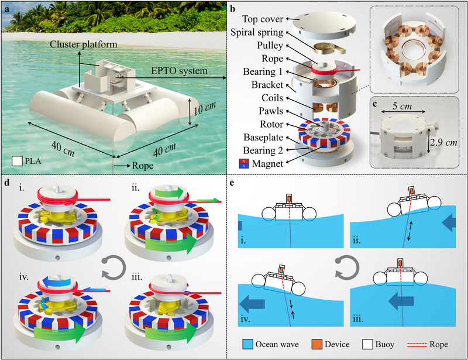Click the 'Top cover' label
coord(263,19)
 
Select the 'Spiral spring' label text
coord(257,32)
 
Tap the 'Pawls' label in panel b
coord(271,111)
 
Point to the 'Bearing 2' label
coord(263,150)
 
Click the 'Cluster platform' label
coord(83,44)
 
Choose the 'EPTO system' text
coord(179,71)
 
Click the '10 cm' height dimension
coord(205,108)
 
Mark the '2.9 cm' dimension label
coord(443,142)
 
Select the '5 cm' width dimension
coord(402,106)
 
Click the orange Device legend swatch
coord(316,344)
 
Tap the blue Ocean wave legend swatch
coord(247,344)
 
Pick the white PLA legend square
coord(17,161)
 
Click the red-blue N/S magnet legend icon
coord(244,163)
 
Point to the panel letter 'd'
coord(6,183)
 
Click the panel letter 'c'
coord(375,104)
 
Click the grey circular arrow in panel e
coord(346,268)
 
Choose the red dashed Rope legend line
coord(417,344)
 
